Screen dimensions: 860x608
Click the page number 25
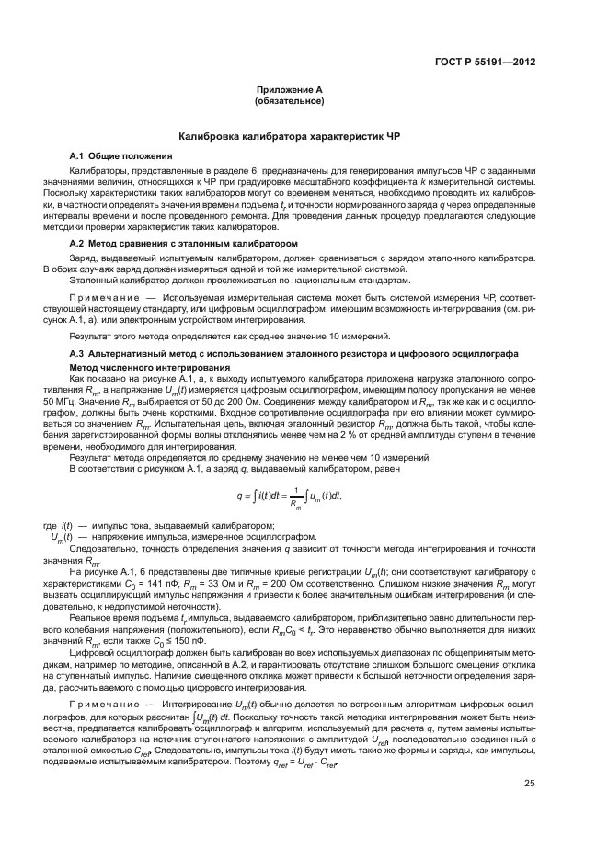click(x=530, y=758)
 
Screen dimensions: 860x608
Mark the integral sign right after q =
click(x=254, y=497)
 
